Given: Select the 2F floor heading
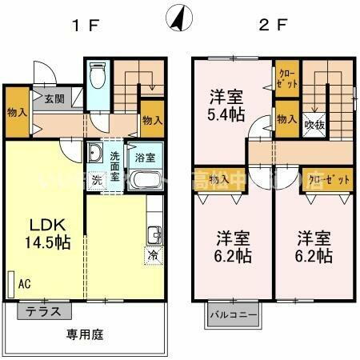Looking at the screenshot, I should pyautogui.click(x=272, y=25).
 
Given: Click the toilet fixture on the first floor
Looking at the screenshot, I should pyautogui.click(x=98, y=78).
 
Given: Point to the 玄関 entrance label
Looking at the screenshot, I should pyautogui.click(x=54, y=99).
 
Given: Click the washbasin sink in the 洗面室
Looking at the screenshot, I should pyautogui.click(x=94, y=154).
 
